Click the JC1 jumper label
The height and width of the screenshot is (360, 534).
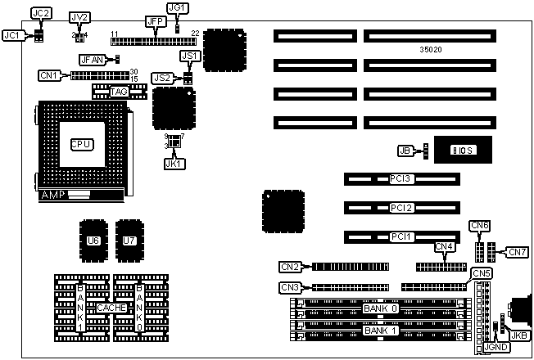12,35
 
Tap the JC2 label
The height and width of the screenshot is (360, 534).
41,13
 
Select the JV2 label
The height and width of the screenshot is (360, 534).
80,17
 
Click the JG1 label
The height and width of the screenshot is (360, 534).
178,8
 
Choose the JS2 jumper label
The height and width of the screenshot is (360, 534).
162,78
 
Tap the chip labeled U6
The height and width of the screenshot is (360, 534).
93,241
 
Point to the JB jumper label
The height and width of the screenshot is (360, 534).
404,151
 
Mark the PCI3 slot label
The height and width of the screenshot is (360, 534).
401,178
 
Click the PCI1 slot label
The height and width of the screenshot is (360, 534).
401,236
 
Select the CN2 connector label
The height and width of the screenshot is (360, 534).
290,266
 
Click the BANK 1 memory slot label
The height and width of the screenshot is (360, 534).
381,331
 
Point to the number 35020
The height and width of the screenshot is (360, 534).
431,49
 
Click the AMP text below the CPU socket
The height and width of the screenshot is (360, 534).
52,196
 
